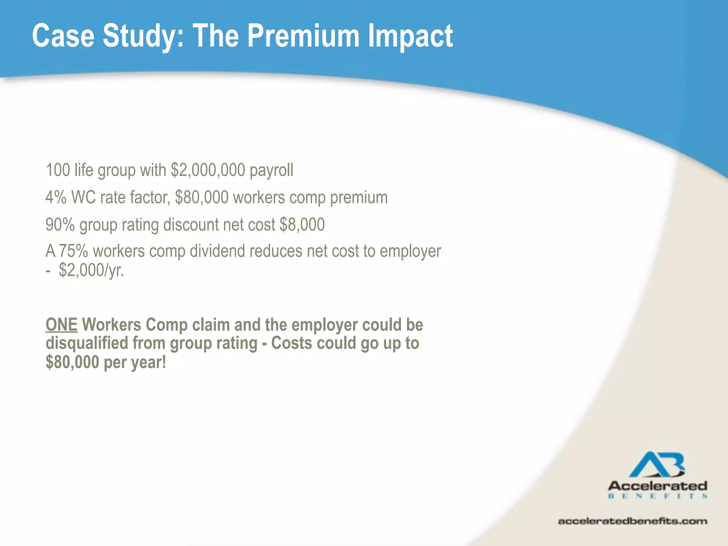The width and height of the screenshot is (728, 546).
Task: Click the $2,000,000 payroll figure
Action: pos(208,170)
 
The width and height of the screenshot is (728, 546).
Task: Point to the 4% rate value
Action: pos(56,197)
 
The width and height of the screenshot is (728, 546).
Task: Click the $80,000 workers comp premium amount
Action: pos(202,197)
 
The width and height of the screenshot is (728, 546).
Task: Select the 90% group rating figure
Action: pos(60,225)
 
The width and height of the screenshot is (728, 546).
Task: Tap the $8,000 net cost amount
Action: pos(302,225)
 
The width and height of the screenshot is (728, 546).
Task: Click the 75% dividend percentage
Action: pos(73,251)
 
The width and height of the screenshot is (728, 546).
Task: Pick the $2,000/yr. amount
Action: pos(91,270)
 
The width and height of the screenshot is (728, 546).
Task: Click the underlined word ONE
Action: pos(61,325)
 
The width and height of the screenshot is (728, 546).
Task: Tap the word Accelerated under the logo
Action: pos(657,486)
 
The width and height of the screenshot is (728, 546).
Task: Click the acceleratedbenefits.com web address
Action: pos(632,521)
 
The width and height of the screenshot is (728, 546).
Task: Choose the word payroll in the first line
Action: pos(272,170)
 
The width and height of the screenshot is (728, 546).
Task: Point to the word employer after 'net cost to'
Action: pos(410,251)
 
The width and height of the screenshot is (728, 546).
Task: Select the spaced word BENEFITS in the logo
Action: pos(657,496)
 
